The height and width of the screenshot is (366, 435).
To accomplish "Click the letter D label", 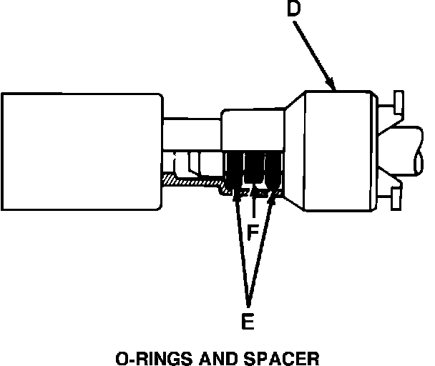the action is point(294,10).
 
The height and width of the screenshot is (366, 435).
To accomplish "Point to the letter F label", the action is point(252,233).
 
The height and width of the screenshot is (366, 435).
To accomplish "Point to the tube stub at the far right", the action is point(415,150).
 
